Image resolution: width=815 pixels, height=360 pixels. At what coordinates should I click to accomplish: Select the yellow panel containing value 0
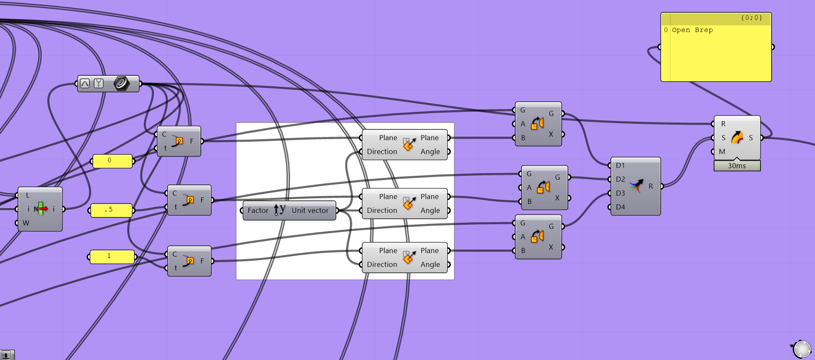tap(112, 161)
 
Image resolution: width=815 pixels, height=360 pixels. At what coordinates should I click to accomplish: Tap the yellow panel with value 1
tap(112, 257)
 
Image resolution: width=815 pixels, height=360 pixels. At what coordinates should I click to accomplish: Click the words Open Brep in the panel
tap(692, 30)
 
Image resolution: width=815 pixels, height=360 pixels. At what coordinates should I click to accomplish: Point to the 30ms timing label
tap(737, 166)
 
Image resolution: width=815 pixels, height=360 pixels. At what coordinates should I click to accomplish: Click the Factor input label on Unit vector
tap(258, 211)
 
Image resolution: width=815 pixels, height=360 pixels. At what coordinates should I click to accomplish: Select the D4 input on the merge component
tap(620, 207)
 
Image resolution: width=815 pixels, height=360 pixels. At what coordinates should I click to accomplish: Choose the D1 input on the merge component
tap(620, 166)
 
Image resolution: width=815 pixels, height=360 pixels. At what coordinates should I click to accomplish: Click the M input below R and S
tap(722, 152)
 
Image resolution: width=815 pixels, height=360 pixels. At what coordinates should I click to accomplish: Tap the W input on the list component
tap(26, 223)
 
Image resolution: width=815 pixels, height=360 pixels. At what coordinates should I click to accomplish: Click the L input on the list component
tap(28, 196)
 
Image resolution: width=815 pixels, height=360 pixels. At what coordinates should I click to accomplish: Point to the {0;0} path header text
tap(752, 18)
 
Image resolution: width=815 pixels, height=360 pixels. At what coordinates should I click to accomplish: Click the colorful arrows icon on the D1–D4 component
tap(636, 186)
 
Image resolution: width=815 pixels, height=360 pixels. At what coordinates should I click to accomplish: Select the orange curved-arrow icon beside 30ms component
tap(737, 137)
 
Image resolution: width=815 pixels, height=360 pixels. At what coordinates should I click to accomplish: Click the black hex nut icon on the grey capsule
tap(121, 83)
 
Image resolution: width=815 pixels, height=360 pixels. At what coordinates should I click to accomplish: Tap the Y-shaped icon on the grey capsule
tap(99, 83)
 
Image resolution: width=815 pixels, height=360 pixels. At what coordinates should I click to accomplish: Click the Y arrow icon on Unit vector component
tap(279, 210)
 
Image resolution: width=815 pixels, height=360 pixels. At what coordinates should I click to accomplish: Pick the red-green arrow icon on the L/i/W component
tap(41, 209)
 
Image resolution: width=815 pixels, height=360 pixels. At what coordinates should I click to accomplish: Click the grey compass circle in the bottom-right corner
tap(802, 349)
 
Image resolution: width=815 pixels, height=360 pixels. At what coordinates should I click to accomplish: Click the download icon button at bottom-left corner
tap(7, 355)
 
